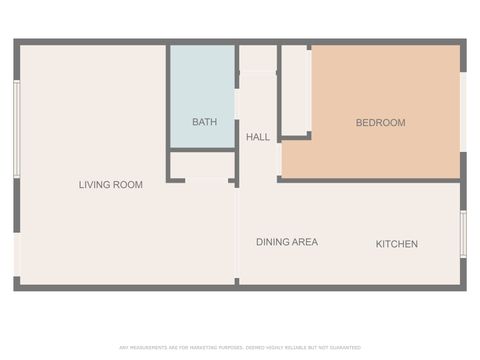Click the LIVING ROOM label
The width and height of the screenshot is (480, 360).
(x=110, y=185)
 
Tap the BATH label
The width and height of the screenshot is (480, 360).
(x=204, y=123)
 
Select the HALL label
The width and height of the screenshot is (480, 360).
(x=258, y=137)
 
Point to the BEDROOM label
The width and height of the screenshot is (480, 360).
(x=380, y=123)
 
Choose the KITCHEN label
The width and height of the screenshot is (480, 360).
(x=396, y=244)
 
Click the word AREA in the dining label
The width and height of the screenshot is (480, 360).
(x=305, y=242)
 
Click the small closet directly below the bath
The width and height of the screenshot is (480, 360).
(x=201, y=165)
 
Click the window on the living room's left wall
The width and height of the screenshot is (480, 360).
(x=16, y=130)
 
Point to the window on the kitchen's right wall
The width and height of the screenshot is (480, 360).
(x=463, y=235)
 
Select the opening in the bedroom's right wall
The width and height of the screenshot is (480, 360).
(x=462, y=112)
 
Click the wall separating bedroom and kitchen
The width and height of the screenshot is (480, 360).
(x=370, y=180)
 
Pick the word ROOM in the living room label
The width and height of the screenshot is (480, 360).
(x=128, y=185)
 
